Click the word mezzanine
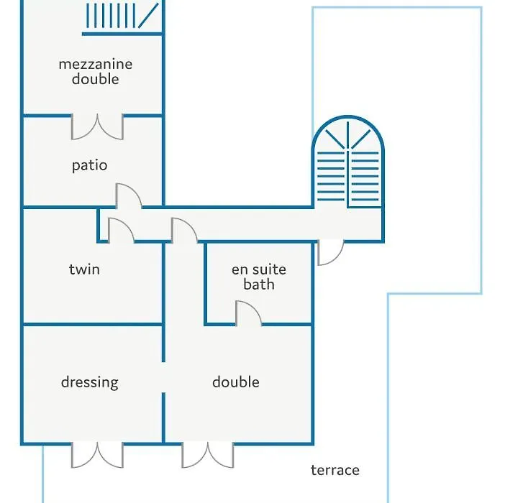click(96, 65)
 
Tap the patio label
click(89, 165)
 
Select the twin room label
click(84, 269)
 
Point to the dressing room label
click(89, 382)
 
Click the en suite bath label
click(259, 277)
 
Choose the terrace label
click(335, 470)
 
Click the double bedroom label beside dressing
click(236, 382)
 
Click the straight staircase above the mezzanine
click(122, 16)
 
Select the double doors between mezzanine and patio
click(97, 126)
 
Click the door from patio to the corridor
click(128, 196)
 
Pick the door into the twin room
click(121, 230)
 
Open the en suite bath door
click(248, 313)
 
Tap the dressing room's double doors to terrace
click(97, 455)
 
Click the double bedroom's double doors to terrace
click(208, 455)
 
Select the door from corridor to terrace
click(331, 252)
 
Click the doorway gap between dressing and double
click(163, 377)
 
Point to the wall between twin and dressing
click(92, 325)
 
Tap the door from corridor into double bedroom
click(185, 230)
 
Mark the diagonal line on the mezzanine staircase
click(148, 15)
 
